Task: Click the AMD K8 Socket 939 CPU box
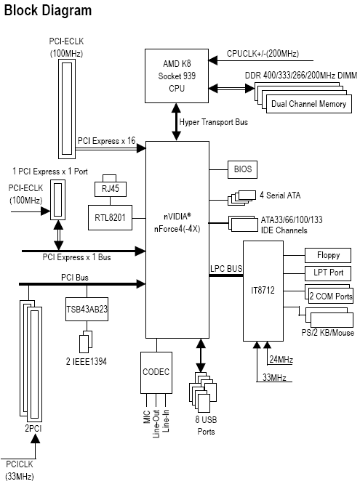(177, 76)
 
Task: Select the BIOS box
(242, 169)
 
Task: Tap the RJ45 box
(111, 188)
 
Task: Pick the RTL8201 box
(110, 217)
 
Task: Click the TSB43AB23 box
(87, 309)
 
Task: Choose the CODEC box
(156, 372)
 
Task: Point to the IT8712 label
(263, 291)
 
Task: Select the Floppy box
(328, 255)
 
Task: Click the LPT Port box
(328, 273)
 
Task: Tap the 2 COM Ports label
(331, 297)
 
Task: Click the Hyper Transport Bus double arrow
(177, 122)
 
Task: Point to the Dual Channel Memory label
(308, 104)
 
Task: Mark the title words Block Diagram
(48, 10)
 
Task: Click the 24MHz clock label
(281, 360)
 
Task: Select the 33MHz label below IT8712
(274, 377)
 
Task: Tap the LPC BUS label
(226, 269)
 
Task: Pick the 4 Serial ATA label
(280, 195)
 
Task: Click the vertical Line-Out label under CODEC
(156, 424)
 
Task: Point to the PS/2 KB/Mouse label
(327, 333)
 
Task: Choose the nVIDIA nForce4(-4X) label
(177, 223)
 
